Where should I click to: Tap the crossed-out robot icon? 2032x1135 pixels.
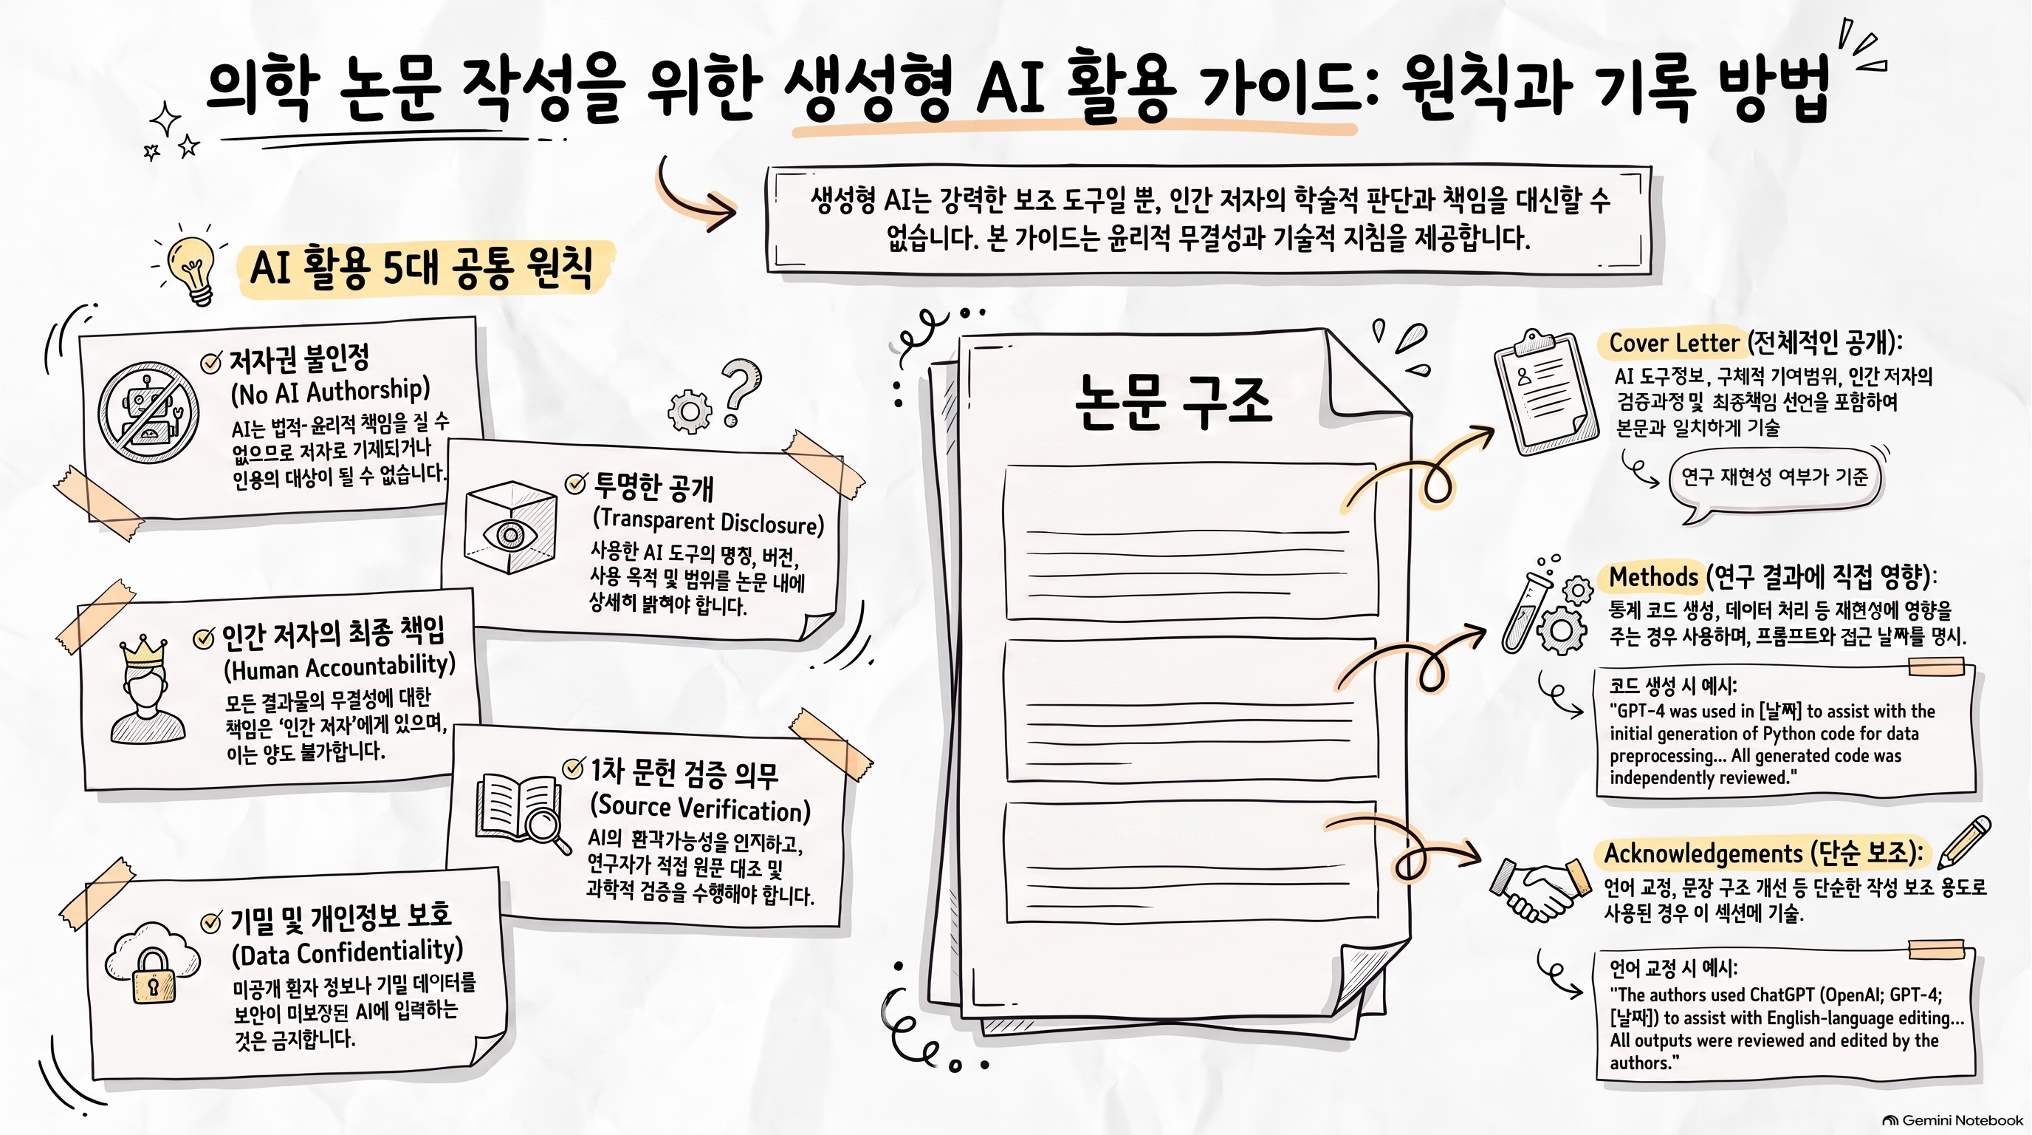click(148, 413)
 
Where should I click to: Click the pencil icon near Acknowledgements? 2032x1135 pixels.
click(1964, 842)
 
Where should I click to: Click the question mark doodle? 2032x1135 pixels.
click(739, 392)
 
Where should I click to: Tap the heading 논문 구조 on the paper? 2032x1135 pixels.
click(1173, 403)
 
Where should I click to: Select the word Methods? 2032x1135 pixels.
click(1653, 577)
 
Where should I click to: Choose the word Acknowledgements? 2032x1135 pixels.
click(1703, 854)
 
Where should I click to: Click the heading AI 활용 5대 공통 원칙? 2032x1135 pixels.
click(421, 267)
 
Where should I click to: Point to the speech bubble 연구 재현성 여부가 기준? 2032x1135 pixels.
click(1775, 477)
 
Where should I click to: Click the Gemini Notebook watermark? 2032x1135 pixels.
click(1952, 1120)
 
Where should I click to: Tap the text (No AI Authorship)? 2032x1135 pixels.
click(331, 391)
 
